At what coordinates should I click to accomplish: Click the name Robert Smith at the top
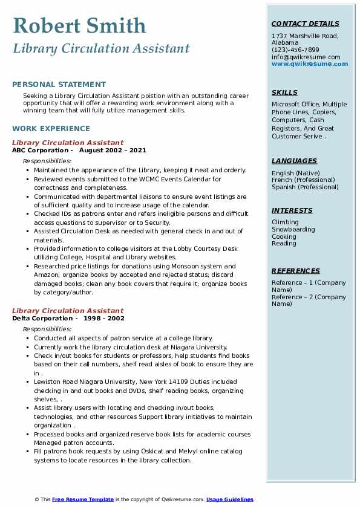79,25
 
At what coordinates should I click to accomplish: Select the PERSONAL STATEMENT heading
59,85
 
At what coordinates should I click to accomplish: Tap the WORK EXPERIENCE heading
51,129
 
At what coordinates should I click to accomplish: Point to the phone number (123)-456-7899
295,50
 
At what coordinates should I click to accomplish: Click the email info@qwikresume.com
306,57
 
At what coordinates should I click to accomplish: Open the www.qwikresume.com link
310,63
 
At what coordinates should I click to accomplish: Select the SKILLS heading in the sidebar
284,93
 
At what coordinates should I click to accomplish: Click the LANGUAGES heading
294,161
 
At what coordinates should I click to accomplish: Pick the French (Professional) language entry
303,180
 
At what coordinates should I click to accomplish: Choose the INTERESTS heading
292,211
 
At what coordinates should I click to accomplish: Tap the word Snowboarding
293,230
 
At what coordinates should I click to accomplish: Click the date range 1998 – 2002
104,319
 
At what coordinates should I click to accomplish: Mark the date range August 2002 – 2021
113,151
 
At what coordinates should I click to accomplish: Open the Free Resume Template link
83,499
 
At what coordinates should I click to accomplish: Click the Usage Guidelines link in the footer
230,499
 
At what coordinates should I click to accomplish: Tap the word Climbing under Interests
285,222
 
